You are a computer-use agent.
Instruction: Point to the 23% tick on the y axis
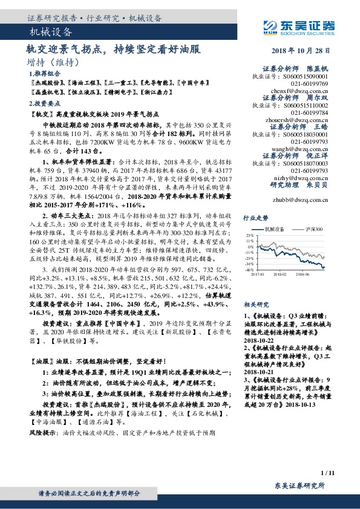click(x=248, y=235)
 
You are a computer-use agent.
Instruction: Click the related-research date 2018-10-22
click(x=260, y=340)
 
